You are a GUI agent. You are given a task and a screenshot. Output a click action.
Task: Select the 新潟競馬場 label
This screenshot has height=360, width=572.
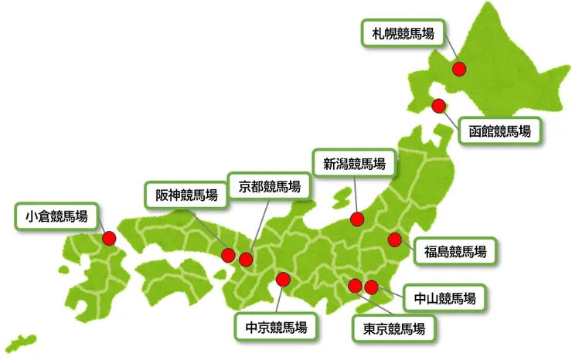(x=354, y=163)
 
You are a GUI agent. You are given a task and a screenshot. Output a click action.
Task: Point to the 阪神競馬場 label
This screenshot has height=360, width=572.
(x=186, y=195)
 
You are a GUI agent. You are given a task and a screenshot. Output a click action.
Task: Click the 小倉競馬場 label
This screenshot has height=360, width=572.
(x=56, y=216)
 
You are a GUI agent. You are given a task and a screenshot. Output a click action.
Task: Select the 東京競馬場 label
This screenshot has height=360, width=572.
(x=393, y=328)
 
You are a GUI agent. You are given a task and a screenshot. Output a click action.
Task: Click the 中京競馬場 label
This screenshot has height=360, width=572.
(x=276, y=327)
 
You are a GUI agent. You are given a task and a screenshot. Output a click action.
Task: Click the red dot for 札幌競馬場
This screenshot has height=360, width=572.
(x=459, y=68)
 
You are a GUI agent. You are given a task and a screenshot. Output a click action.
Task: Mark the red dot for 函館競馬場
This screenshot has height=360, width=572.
(x=438, y=105)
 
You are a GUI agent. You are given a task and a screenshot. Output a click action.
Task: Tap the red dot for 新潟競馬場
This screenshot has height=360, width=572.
(x=357, y=219)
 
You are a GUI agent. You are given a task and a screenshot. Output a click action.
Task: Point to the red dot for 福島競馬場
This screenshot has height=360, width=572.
(x=395, y=239)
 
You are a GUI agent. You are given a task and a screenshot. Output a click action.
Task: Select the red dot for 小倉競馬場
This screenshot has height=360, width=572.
(x=108, y=239)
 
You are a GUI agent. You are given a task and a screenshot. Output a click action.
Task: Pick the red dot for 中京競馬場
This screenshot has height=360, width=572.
(x=283, y=280)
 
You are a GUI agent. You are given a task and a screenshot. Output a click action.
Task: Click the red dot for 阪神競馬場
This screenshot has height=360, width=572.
(x=229, y=255)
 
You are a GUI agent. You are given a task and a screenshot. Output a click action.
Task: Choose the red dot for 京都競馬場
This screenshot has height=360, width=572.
(x=246, y=260)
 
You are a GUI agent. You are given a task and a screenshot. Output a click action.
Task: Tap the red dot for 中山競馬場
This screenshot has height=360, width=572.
(x=371, y=287)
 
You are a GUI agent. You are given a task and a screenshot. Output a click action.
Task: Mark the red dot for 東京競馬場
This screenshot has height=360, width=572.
(x=355, y=286)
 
